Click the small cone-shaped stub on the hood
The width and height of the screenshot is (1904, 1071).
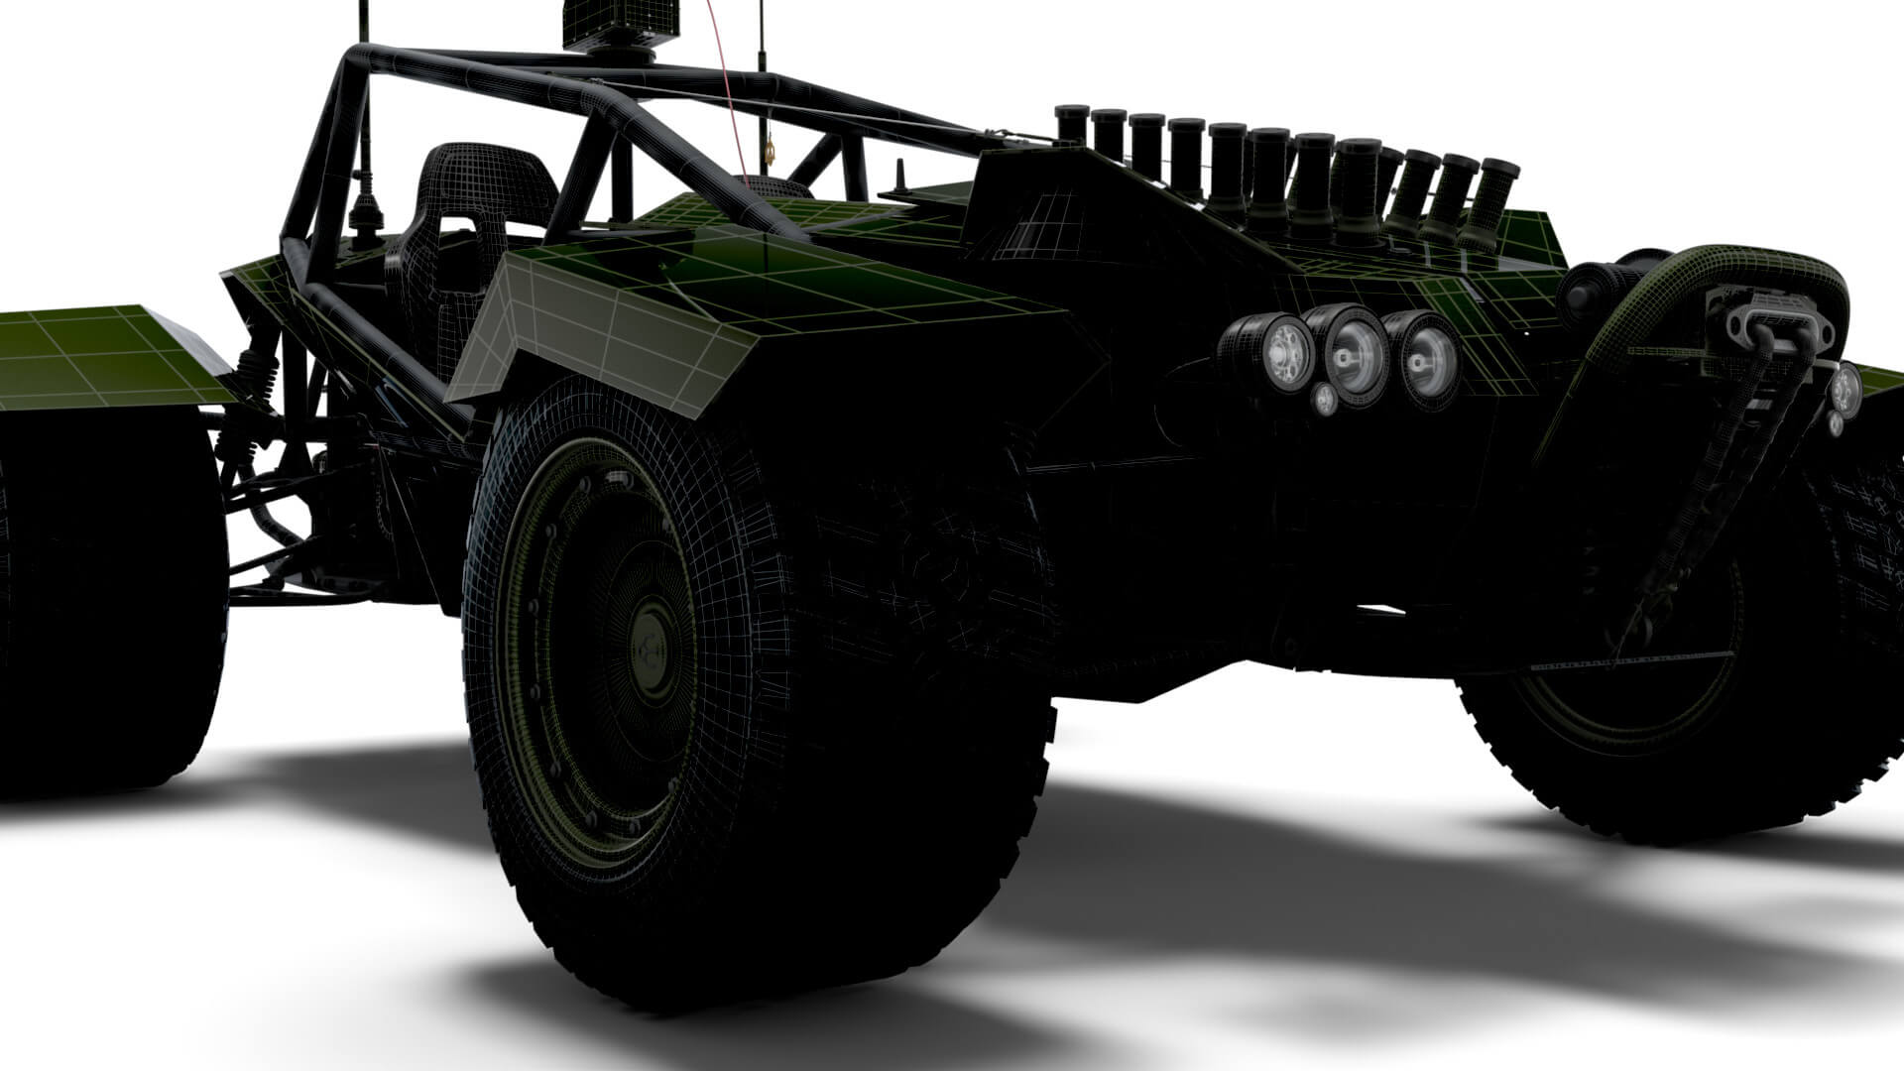[x=903, y=178]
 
